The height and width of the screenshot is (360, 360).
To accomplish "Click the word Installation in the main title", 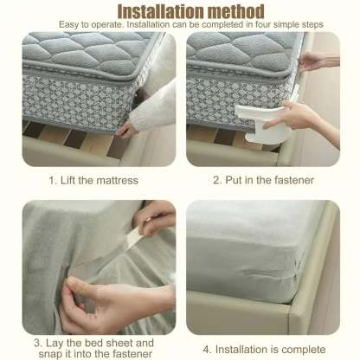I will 156,11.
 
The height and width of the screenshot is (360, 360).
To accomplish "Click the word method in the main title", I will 233,11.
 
